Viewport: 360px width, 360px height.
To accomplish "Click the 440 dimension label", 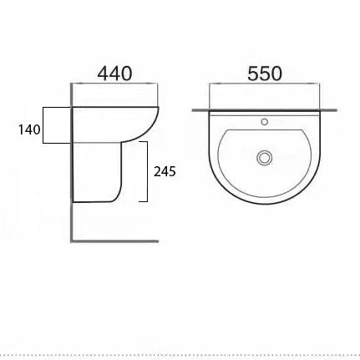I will (x=115, y=73).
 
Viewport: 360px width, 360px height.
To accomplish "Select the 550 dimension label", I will (x=263, y=73).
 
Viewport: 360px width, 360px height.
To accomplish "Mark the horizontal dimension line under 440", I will (x=115, y=85).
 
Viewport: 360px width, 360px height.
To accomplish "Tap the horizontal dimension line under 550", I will (x=263, y=85).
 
